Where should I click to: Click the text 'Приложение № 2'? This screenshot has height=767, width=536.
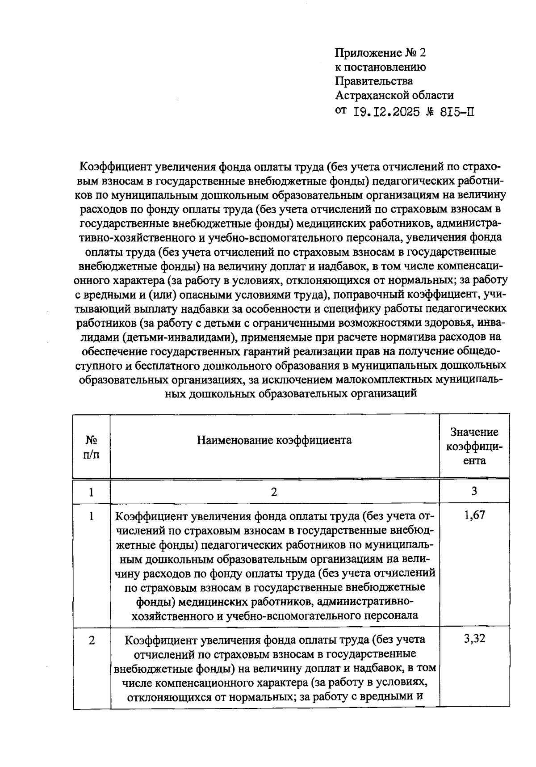click(381, 53)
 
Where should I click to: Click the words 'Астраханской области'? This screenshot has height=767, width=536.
click(394, 95)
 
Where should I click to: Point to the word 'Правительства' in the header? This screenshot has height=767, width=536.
click(374, 81)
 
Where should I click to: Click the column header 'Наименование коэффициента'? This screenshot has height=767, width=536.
click(274, 440)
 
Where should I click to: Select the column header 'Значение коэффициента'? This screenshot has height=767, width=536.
click(474, 446)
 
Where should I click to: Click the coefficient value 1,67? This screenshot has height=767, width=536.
click(474, 516)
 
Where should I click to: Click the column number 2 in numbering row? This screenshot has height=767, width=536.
click(274, 492)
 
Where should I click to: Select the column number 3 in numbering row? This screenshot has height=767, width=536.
click(474, 491)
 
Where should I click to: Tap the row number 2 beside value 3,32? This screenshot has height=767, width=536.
click(92, 640)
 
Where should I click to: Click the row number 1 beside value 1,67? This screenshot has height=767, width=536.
click(92, 517)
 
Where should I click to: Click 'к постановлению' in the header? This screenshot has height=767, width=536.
click(380, 67)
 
